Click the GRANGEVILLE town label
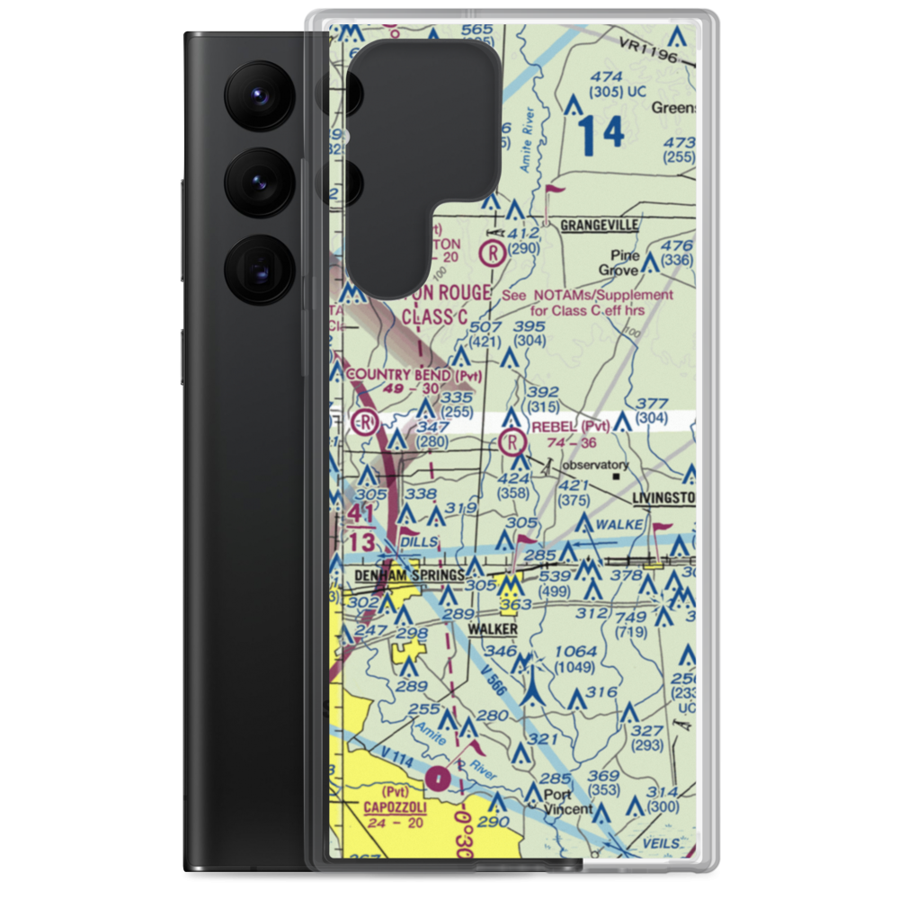click(599, 225)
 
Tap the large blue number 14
click(601, 134)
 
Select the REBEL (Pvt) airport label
click(571, 425)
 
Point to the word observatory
click(595, 466)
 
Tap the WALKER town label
click(493, 629)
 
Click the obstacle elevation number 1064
click(575, 651)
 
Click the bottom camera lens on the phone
click(257, 269)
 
